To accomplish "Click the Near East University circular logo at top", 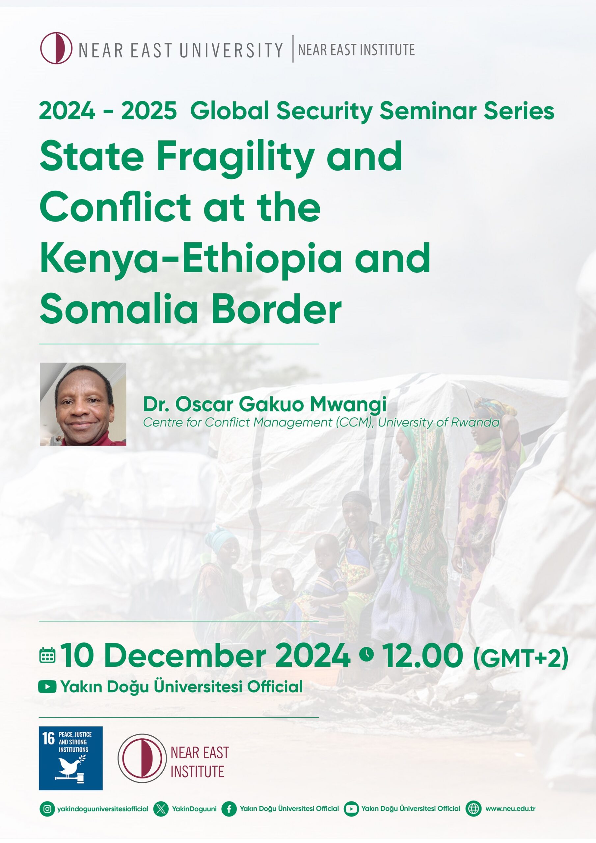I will (x=56, y=48).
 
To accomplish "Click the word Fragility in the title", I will (x=235, y=157).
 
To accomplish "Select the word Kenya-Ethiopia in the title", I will (x=191, y=259).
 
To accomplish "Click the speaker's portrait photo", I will (x=83, y=404).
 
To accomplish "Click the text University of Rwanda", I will (x=439, y=422).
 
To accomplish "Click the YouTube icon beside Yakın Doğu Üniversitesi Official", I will (x=47, y=687).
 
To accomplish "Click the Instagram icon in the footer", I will (x=47, y=809).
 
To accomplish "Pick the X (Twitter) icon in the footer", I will (x=161, y=809).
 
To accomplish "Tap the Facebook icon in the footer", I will (x=229, y=809).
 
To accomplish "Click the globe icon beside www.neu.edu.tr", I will (x=474, y=809).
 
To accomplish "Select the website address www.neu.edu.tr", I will (x=510, y=809).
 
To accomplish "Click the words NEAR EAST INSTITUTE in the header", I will (x=356, y=50).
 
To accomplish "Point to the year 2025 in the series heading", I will (x=149, y=111).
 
